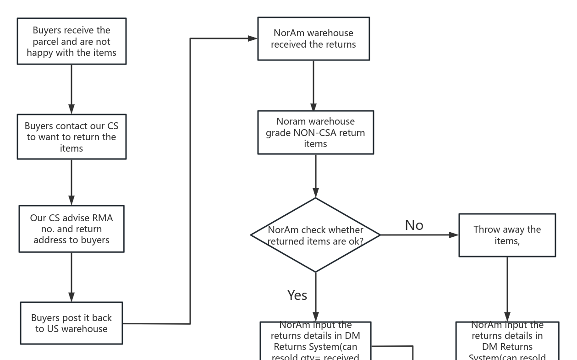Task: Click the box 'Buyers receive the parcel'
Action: click(71, 41)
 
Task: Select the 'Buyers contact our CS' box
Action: click(71, 137)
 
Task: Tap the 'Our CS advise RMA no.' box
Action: click(71, 229)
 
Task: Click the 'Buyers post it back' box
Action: click(71, 323)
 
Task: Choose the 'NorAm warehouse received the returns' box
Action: click(313, 39)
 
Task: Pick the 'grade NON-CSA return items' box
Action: click(315, 132)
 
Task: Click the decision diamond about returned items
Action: click(315, 235)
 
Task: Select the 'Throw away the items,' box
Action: click(507, 235)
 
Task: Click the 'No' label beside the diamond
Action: click(414, 225)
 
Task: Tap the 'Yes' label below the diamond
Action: click(297, 295)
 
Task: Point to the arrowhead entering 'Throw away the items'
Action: click(454, 235)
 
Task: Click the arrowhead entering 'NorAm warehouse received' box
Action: click(253, 38)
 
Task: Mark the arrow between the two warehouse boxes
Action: click(313, 85)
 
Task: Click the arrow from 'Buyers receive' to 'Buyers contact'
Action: click(71, 89)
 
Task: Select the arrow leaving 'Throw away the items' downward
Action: click(507, 289)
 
